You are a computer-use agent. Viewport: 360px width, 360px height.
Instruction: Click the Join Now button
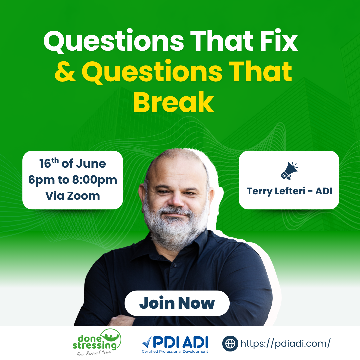click(x=177, y=303)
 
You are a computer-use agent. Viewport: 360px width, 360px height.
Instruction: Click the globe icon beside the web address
click(x=230, y=343)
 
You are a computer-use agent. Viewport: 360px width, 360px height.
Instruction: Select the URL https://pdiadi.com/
click(x=285, y=344)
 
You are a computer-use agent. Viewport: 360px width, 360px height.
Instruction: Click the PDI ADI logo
click(x=175, y=344)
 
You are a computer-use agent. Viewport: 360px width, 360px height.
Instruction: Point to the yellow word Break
click(x=174, y=102)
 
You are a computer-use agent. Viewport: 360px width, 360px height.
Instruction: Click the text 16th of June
click(x=73, y=163)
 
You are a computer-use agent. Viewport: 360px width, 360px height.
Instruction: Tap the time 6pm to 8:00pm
click(x=73, y=180)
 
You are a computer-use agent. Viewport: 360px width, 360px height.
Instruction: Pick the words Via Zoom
click(x=73, y=196)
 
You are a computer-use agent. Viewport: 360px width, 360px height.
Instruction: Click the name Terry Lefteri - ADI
click(x=289, y=191)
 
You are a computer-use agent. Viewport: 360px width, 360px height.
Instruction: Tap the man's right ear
click(x=143, y=195)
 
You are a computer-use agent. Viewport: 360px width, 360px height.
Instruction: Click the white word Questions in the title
click(x=114, y=41)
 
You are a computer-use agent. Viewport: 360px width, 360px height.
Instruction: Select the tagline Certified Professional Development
click(x=175, y=352)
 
